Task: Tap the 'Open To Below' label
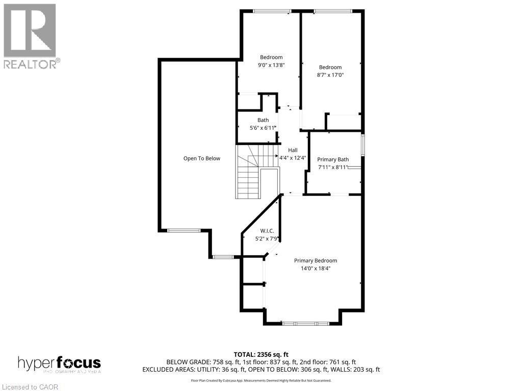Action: coord(202,158)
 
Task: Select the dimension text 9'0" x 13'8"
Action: coord(271,65)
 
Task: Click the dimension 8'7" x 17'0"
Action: coord(330,75)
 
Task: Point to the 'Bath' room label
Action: coord(263,120)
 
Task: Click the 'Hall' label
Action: coord(293,150)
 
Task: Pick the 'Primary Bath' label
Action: coord(333,159)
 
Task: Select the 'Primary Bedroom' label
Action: coord(316,260)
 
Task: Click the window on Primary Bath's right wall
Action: coord(363,144)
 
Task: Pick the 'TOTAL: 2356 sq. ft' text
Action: coord(261,354)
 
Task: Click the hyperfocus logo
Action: coord(59,364)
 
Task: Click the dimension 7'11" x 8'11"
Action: coord(333,167)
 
